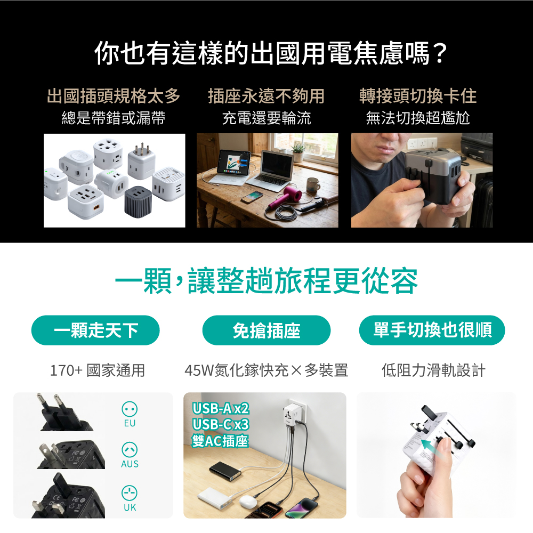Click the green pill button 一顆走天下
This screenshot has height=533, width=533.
pyautogui.click(x=95, y=330)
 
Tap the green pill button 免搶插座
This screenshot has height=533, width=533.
pyautogui.click(x=266, y=330)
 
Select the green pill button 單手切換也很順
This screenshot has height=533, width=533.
pyautogui.click(x=432, y=330)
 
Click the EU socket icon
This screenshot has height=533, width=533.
pyautogui.click(x=130, y=409)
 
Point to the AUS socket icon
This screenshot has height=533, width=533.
pyautogui.click(x=130, y=450)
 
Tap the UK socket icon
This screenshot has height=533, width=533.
pyautogui.click(x=130, y=493)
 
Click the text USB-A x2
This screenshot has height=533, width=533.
pyautogui.click(x=221, y=409)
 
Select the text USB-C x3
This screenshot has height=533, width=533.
pyautogui.click(x=221, y=425)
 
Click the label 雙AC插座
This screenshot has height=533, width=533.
pyautogui.click(x=220, y=441)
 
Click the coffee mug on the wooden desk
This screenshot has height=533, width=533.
pyautogui.click(x=313, y=185)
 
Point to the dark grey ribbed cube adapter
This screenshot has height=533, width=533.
pyautogui.click(x=138, y=201)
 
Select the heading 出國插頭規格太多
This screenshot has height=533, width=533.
pyautogui.click(x=114, y=95)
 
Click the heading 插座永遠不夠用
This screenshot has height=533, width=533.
pyautogui.click(x=266, y=95)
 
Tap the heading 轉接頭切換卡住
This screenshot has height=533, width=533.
pyautogui.click(x=418, y=95)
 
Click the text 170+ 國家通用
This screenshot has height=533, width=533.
pyautogui.click(x=98, y=370)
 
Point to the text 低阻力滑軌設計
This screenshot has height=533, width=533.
pyautogui.click(x=433, y=370)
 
